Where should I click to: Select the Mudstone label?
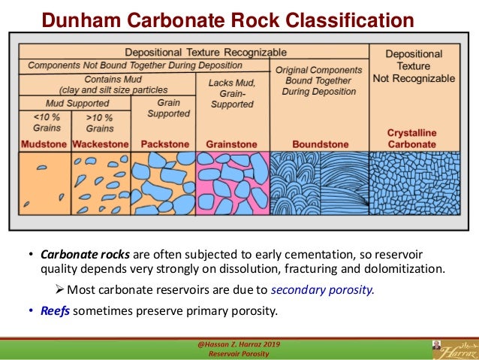coord(43,144)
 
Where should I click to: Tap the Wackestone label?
coord(100,144)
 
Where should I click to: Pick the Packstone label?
coord(162,144)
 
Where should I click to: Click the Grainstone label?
coord(231,144)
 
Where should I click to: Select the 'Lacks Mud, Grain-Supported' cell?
coord(231,93)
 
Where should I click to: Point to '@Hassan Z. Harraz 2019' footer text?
coord(239,343)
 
